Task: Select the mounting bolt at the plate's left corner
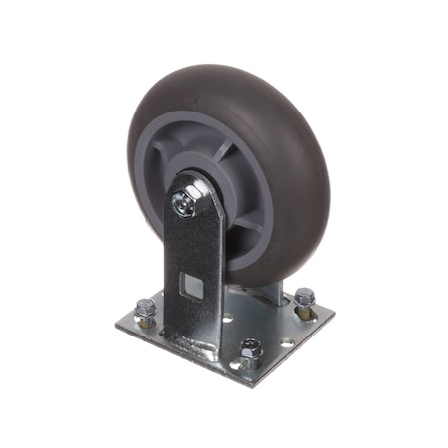point(146,308)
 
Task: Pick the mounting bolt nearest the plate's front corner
point(251,349)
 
